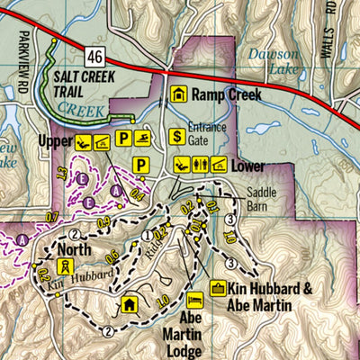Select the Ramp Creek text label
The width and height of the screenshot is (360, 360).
coord(229,94)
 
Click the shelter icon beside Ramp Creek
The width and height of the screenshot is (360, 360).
coord(179,94)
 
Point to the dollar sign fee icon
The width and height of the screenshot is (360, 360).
coord(179,137)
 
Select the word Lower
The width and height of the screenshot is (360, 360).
coord(248,166)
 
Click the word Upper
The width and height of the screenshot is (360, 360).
coord(55,141)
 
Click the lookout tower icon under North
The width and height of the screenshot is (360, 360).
coord(65,266)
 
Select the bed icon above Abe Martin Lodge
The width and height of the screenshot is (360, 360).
coord(193,298)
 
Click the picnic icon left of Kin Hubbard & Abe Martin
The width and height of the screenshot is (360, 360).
coord(217,288)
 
